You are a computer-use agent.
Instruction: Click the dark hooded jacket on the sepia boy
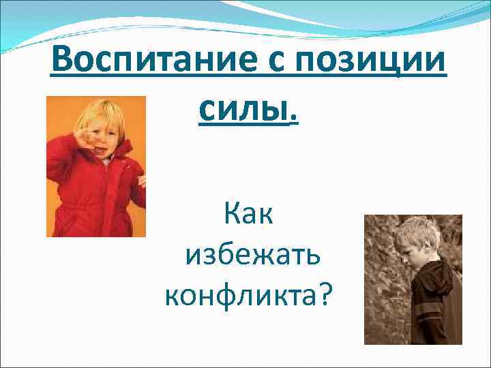[436, 300]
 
